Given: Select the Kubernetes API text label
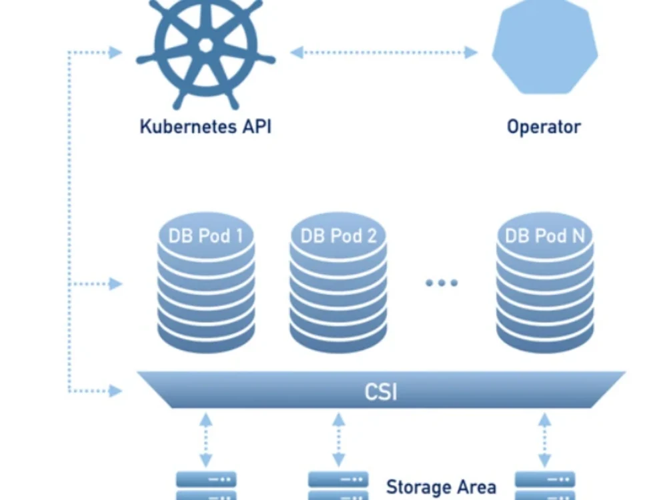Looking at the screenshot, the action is [205, 127].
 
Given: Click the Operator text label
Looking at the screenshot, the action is [544, 127].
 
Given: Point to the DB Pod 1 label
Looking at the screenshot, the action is [206, 236].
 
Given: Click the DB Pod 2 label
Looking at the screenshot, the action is [339, 236].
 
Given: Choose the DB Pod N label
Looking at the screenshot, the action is [545, 236].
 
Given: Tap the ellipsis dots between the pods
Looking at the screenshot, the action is [442, 283].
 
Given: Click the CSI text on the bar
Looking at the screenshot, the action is [381, 391].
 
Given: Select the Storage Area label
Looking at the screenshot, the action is [441, 487].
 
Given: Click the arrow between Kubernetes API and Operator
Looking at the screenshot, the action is [384, 52].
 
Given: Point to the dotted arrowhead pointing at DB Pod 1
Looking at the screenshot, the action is [115, 283].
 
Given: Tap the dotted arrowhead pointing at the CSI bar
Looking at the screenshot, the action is [115, 391].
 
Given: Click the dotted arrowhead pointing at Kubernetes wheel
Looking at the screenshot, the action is [115, 52].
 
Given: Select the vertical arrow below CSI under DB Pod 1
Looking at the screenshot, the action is [206, 440].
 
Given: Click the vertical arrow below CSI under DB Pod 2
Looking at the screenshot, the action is [339, 440].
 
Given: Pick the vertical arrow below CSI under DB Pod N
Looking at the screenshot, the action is [545, 440].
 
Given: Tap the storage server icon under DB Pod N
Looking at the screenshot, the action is [545, 485].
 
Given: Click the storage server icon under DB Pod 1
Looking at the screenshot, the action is [206, 485].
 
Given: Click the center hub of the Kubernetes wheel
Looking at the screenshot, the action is [206, 45].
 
